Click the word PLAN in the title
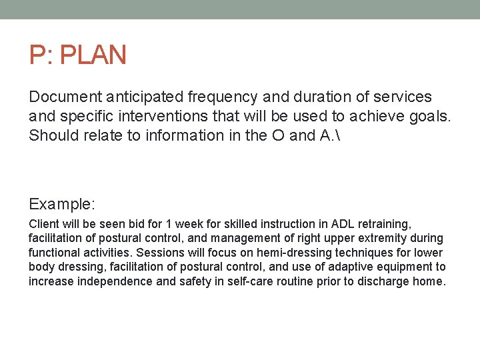(93, 55)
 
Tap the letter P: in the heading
(41, 55)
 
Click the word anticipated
(143, 97)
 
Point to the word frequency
(221, 97)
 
